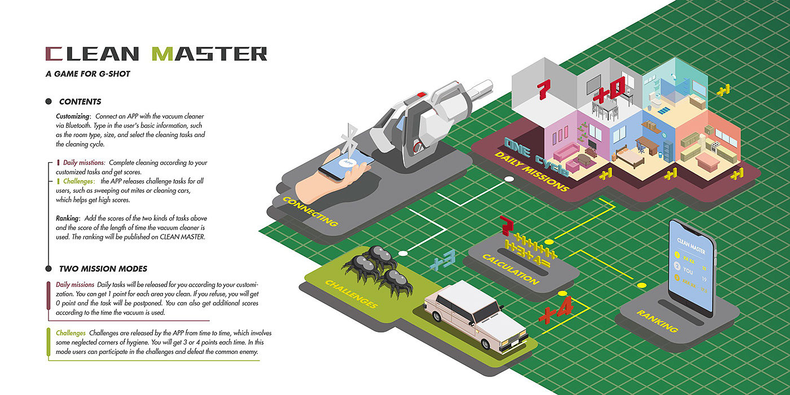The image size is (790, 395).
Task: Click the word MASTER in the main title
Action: click(209, 54)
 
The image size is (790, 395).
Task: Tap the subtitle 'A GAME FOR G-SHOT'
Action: click(88, 74)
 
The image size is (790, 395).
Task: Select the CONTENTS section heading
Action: click(80, 102)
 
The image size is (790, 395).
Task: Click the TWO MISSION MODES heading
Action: click(103, 269)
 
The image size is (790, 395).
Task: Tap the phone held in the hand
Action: click(346, 165)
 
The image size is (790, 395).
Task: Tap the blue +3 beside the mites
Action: click(444, 260)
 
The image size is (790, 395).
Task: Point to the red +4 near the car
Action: click(556, 311)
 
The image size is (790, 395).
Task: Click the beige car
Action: click(475, 316)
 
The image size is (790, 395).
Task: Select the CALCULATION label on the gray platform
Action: click(511, 269)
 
